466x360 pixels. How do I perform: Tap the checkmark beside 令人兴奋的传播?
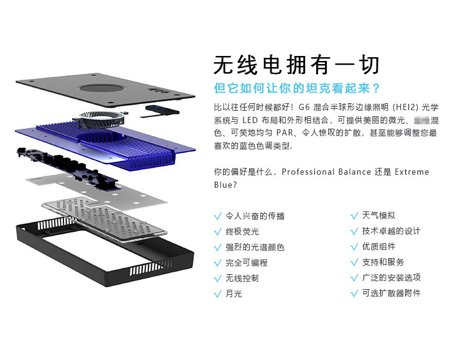217,216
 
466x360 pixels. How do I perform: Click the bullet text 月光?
234,294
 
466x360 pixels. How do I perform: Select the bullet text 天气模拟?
378,216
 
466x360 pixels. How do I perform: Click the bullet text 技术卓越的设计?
391,231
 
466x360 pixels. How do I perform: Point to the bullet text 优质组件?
378,247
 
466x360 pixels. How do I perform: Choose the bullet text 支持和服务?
383,262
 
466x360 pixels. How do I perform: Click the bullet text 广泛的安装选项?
391,278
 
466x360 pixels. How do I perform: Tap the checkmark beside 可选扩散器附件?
355,293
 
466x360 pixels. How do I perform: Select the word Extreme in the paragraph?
411,172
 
